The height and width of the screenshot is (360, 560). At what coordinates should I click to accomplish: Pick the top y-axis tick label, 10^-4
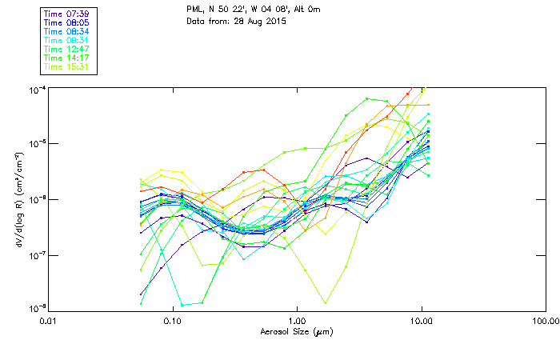click(x=37, y=88)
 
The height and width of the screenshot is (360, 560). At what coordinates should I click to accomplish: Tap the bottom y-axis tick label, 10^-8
click(x=37, y=308)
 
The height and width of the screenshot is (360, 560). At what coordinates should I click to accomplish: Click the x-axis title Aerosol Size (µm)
click(x=297, y=331)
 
